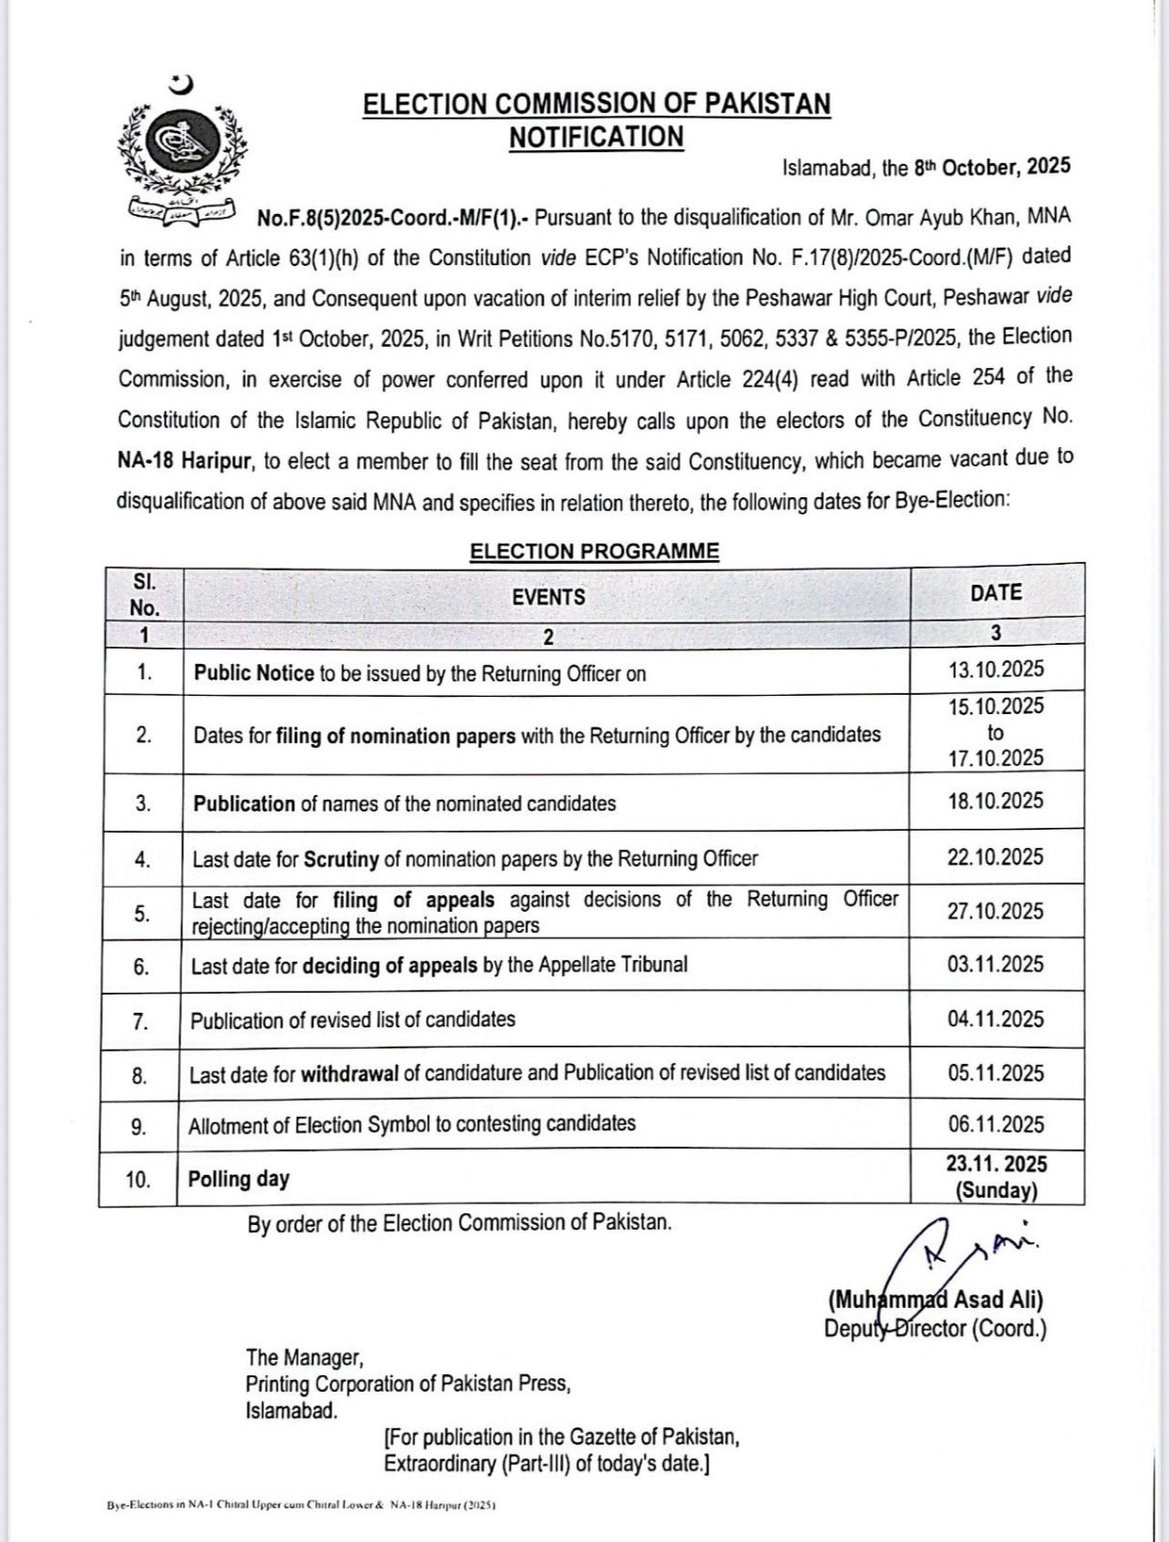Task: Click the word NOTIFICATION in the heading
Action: [597, 138]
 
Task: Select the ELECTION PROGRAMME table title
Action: [595, 551]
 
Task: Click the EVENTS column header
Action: [548, 597]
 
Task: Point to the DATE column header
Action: [996, 593]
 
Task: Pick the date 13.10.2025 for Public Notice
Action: [996, 670]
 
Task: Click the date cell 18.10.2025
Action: [996, 801]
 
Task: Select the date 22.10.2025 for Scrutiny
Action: [996, 857]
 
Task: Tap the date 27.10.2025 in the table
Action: [996, 911]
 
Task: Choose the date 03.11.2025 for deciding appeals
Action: [996, 964]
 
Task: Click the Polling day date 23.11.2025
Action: [996, 1164]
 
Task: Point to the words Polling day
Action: [239, 1179]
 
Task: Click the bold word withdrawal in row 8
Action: [350, 1074]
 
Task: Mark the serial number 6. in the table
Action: [142, 967]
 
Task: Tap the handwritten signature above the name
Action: [954, 1250]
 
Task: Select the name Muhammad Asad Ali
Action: [935, 1300]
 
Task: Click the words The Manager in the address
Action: [304, 1358]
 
